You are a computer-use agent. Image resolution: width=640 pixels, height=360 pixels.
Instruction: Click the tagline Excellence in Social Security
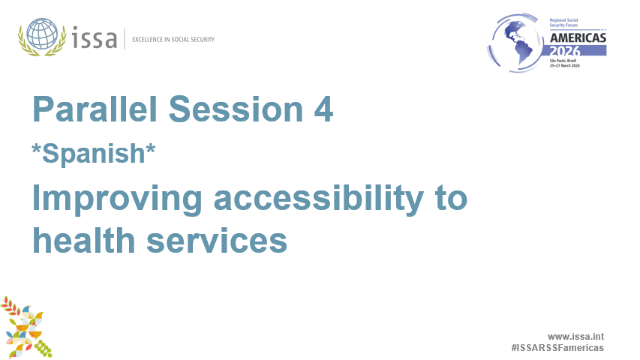pos(173,39)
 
